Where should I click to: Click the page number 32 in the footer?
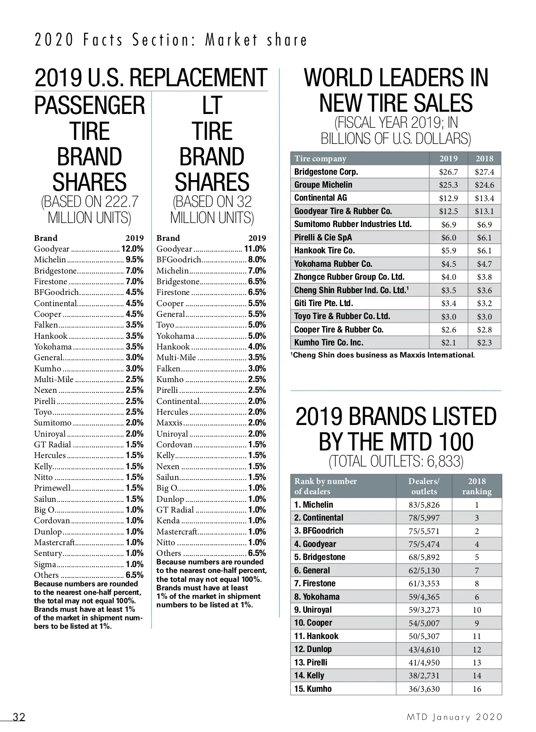(19, 717)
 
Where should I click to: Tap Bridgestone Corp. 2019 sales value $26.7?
(448, 172)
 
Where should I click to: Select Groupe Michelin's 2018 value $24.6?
(484, 185)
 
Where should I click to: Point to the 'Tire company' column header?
(320, 159)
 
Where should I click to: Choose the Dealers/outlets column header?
(423, 486)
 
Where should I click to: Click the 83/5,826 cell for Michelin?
(423, 505)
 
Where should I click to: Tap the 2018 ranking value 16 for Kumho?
(477, 689)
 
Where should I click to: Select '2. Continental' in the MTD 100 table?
(318, 518)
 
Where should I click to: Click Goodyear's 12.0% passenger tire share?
(132, 249)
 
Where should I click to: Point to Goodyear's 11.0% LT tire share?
(255, 249)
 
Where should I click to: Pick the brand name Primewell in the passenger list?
(52, 488)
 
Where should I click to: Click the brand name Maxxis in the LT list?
(169, 423)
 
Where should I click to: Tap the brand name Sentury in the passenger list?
(48, 553)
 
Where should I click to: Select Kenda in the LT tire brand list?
(168, 521)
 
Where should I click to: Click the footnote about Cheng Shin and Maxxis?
(383, 355)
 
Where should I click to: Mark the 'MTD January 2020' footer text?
(454, 717)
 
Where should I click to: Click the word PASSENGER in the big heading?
(90, 105)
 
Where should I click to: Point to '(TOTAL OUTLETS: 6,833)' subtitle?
(396, 461)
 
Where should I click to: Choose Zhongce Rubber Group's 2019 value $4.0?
(448, 277)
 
